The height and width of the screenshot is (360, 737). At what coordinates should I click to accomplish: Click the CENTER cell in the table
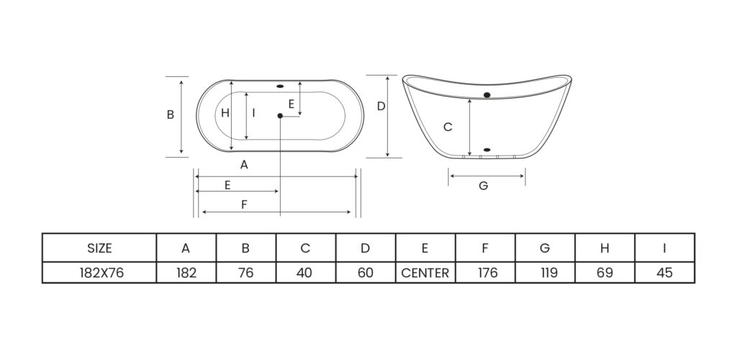(425, 273)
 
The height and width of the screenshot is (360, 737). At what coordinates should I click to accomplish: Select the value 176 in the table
(486, 273)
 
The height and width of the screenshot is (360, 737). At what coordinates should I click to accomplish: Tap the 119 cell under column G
(546, 273)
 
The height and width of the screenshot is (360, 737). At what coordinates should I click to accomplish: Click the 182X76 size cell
(99, 273)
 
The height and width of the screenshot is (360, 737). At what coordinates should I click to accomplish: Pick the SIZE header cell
(99, 248)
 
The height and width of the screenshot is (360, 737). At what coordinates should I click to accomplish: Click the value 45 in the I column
(664, 273)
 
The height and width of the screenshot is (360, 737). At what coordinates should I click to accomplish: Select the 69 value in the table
(605, 273)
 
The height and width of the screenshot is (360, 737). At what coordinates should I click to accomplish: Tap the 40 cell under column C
(305, 273)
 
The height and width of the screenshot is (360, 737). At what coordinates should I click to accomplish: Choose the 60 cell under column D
(366, 273)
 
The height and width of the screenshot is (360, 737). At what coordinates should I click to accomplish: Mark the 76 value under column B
(246, 273)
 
